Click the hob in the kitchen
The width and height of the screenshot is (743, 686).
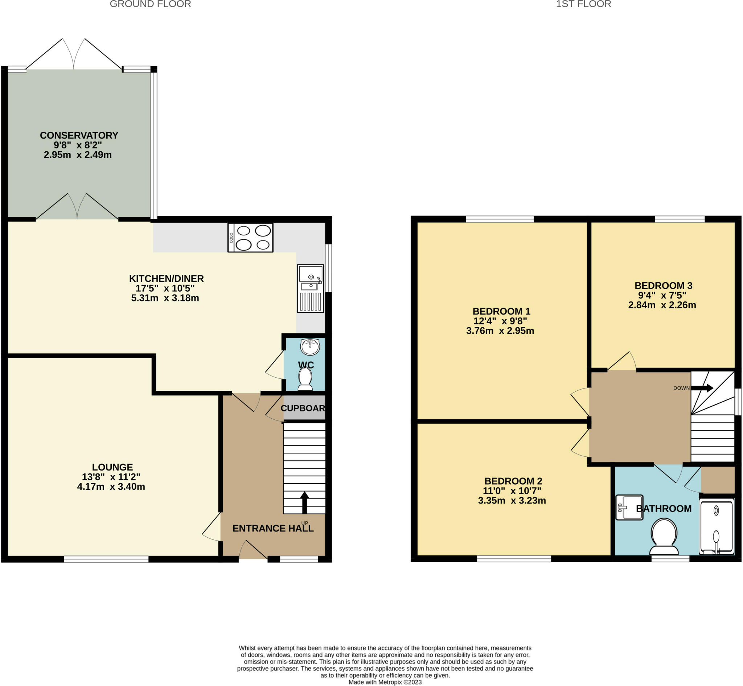250,238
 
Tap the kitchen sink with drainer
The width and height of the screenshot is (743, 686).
311,288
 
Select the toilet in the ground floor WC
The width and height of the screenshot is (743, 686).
305,379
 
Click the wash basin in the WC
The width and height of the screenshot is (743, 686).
310,347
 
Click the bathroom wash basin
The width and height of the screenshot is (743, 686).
629,508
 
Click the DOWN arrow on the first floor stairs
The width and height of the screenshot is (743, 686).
702,388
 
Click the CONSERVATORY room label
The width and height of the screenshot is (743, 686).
79,135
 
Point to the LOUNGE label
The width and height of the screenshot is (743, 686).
112,467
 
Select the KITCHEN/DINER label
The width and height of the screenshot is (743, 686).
167,278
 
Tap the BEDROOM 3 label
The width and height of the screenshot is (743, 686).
664,286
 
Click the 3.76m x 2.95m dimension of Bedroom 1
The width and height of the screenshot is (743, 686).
500,331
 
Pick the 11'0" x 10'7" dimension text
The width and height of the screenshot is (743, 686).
512,491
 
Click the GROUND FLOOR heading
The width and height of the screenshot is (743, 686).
151,4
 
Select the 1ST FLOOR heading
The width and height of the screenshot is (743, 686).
583,4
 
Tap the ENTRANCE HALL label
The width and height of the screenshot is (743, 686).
273,528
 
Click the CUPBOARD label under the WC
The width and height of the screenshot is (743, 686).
303,408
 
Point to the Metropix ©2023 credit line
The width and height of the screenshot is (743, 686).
385,682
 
